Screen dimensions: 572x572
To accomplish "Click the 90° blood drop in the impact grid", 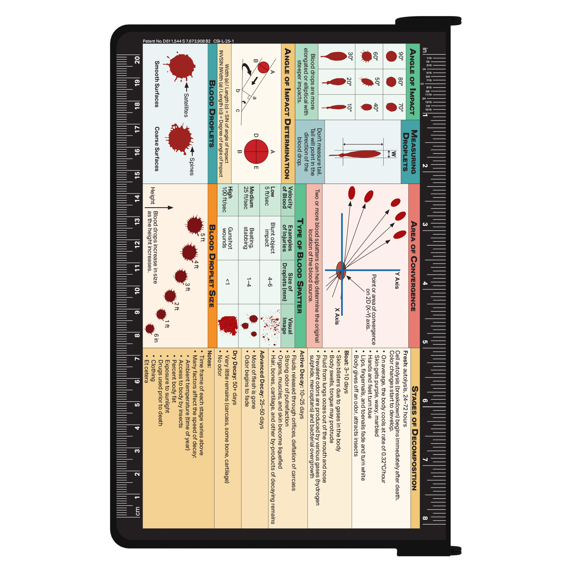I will coord(391,56).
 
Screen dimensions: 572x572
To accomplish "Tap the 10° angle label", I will coord(349,107).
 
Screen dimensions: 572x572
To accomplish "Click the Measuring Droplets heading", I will coord(410,152).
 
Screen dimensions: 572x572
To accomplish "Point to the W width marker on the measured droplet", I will coord(393,154).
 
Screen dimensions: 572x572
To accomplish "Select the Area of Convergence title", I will coord(414,266).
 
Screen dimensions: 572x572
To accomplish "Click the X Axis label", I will coord(337,316).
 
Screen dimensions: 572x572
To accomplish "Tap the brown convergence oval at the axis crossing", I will coord(341,270).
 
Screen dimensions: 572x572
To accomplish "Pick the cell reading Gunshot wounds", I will coord(227,238).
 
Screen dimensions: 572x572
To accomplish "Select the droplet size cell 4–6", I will coord(270,282).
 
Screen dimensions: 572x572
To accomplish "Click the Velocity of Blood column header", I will coord(287,197).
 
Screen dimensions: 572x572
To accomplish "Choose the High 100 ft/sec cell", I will coord(227,199).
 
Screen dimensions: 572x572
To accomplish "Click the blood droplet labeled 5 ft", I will coord(194,225).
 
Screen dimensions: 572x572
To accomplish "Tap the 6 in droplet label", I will coord(156,338).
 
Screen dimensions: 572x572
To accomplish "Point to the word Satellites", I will coord(186,105).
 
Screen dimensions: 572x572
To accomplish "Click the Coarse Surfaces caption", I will coord(157,149).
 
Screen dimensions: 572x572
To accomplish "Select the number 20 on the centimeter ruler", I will coord(137,60).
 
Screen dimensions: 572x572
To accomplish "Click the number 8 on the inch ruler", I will coord(425,518).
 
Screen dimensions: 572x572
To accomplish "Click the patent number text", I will coord(177,41).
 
